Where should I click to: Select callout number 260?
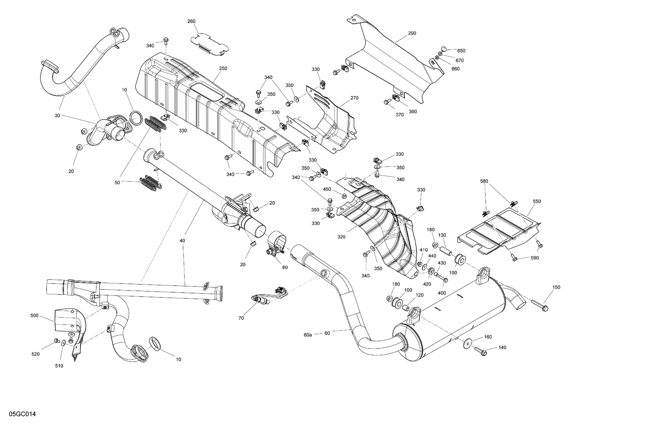pyautogui.click(x=191, y=21)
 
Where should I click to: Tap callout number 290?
pyautogui.click(x=412, y=33)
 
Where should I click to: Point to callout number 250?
pyautogui.click(x=223, y=68)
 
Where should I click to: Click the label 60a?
pyautogui.click(x=308, y=335)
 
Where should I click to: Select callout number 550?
pyautogui.click(x=537, y=202)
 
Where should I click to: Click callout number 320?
pyautogui.click(x=341, y=237)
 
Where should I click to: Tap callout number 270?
pyautogui.click(x=354, y=98)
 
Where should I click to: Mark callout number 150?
pyautogui.click(x=556, y=287)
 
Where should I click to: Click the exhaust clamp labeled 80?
pyautogui.click(x=276, y=245)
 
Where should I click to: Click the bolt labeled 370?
pyautogui.click(x=387, y=102)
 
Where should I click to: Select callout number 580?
pyautogui.click(x=484, y=181)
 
